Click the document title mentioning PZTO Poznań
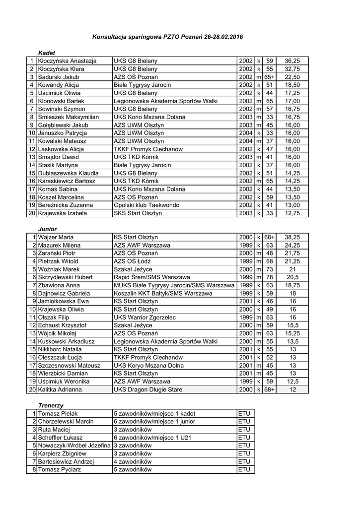168,37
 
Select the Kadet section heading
47,53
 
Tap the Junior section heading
48,229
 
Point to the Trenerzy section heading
51,405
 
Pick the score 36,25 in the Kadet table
292,61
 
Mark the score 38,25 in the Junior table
292,237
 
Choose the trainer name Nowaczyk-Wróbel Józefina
74,445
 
